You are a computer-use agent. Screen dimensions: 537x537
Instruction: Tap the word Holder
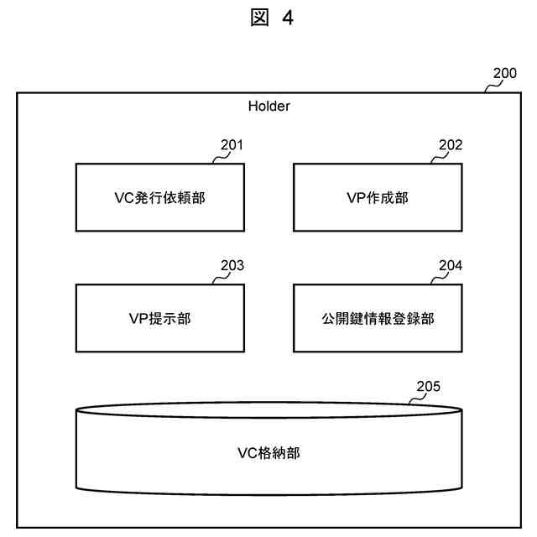(268, 107)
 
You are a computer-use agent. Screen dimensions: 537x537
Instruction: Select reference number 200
(504, 73)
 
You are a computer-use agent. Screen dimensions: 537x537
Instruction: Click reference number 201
(232, 145)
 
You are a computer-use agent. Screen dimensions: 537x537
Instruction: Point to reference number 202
(450, 145)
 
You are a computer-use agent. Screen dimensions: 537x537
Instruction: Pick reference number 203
(232, 266)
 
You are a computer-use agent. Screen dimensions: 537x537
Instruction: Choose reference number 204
(450, 266)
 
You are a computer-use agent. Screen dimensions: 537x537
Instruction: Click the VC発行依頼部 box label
(160, 198)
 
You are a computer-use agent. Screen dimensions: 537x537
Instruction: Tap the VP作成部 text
(378, 198)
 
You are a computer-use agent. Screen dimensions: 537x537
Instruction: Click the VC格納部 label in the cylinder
(268, 453)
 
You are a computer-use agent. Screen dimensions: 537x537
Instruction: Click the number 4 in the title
(288, 18)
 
